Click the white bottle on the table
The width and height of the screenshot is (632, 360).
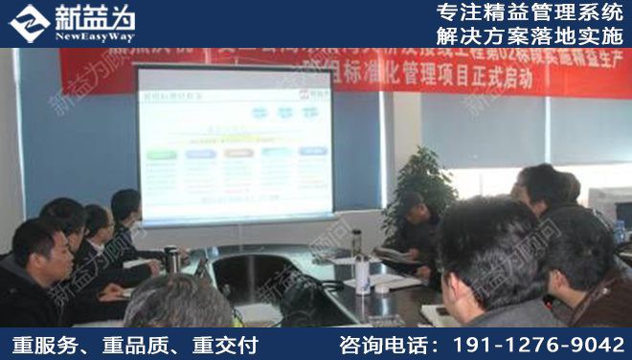click(x=361, y=272)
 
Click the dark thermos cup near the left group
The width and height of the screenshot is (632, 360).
click(x=171, y=259)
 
